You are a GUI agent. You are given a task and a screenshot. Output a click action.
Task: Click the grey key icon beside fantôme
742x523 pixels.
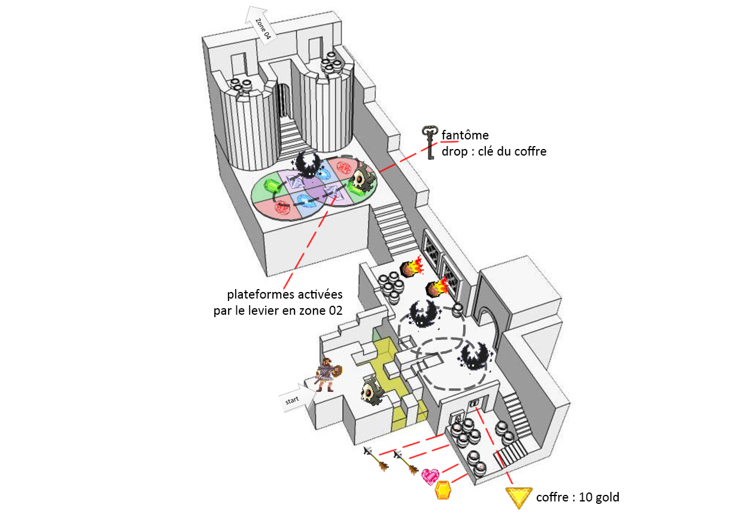coord(430,142)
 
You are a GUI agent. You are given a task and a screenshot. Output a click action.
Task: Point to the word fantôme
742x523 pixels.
coord(465,135)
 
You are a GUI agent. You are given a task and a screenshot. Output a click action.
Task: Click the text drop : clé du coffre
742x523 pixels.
coord(494,151)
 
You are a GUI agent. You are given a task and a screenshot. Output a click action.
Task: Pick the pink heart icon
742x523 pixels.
coord(430,476)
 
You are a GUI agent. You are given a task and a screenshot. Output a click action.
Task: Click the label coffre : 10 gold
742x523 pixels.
coord(577,497)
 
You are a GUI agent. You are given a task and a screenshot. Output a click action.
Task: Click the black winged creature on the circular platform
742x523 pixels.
coord(311,164)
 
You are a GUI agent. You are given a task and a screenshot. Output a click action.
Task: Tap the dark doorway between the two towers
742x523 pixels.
coord(283,99)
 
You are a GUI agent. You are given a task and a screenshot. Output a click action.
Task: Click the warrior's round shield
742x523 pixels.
coord(336,372)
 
